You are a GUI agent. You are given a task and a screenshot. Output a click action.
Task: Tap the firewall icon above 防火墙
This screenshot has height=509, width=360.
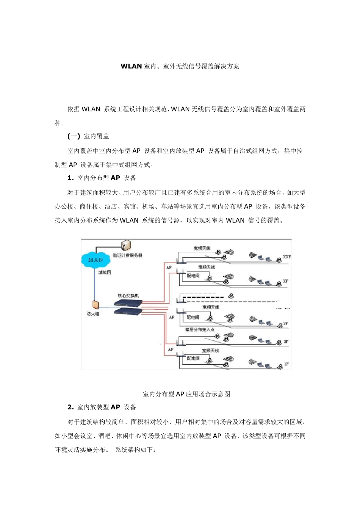point(95,304)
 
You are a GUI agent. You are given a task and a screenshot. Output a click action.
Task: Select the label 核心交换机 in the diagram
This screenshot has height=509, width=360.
point(128,296)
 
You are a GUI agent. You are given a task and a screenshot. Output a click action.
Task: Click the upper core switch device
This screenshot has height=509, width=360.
point(128,303)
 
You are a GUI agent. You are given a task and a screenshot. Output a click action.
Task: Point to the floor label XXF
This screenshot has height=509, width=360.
point(287,257)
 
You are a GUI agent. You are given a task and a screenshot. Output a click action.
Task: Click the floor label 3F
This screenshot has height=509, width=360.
point(286,324)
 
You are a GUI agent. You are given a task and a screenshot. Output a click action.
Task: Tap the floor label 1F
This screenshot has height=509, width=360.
point(286,364)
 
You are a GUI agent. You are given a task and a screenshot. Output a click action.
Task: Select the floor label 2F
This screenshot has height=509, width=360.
point(286,342)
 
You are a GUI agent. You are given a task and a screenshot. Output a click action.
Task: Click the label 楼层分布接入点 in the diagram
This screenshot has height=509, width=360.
point(199,329)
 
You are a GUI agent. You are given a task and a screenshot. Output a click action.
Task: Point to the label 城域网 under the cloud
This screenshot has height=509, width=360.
point(105,272)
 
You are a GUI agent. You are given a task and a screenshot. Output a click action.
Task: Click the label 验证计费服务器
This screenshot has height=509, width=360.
point(128,255)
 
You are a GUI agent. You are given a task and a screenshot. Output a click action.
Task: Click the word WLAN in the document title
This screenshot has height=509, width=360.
point(131,66)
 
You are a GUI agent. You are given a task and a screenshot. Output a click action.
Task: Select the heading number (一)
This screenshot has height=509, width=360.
point(74,136)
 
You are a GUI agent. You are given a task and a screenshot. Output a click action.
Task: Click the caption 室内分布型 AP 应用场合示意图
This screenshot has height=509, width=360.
point(186,394)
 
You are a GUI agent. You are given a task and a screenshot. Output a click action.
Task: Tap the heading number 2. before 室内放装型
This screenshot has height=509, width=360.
point(70,407)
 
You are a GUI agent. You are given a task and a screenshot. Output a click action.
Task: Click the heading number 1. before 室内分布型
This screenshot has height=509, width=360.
point(70,178)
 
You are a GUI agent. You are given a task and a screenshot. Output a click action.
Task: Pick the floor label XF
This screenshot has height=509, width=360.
point(286,281)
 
